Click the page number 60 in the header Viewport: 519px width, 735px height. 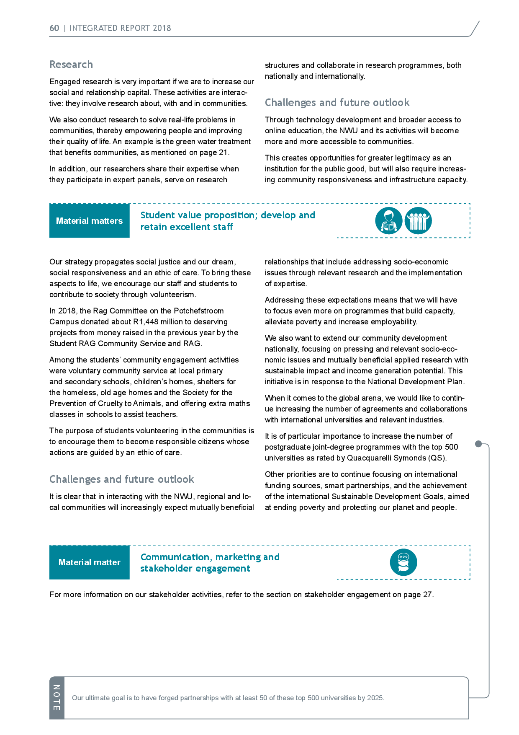pyautogui.click(x=54, y=28)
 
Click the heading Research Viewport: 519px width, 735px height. pyautogui.click(x=71, y=65)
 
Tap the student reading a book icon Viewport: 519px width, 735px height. pyautogui.click(x=389, y=221)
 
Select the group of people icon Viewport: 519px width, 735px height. pyautogui.click(x=418, y=221)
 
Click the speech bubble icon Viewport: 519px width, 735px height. pyautogui.click(x=403, y=562)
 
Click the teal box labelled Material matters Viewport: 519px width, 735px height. pyautogui.click(x=90, y=221)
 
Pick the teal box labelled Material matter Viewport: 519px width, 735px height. pyautogui.click(x=90, y=562)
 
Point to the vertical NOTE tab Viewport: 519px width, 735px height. pyautogui.click(x=57, y=698)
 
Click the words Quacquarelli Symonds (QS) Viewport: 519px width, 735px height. pyautogui.click(x=397, y=458)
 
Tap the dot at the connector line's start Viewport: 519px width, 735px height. pyautogui.click(x=478, y=444)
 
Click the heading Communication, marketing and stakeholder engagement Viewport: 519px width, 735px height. pyautogui.click(x=210, y=563)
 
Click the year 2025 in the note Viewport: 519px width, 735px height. pyautogui.click(x=375, y=698)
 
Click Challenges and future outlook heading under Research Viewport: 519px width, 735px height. pyautogui.click(x=337, y=103)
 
